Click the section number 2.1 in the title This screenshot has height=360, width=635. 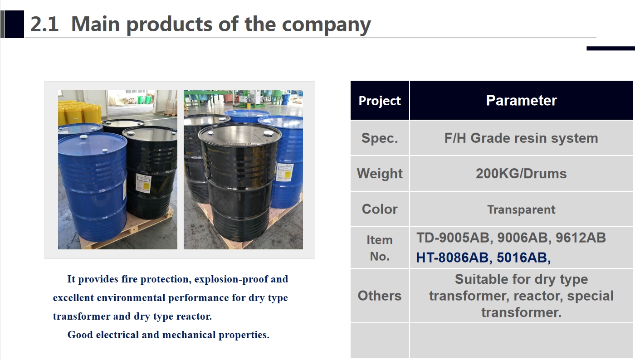click(44, 24)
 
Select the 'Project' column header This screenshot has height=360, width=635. click(380, 101)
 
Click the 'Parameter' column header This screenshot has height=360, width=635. click(521, 100)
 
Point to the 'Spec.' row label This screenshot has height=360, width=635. click(380, 138)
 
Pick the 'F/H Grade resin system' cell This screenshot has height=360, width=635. click(521, 138)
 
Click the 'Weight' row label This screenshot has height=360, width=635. click(380, 174)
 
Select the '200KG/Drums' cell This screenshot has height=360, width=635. click(521, 174)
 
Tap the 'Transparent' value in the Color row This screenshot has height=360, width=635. click(521, 209)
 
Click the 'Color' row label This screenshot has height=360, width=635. click(380, 209)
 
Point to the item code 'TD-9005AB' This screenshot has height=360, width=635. click(453, 238)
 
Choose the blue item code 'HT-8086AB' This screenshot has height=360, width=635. click(452, 258)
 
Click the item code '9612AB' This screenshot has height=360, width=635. click(581, 238)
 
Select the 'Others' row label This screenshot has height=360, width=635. click(380, 296)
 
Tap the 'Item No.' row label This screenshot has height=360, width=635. click(380, 248)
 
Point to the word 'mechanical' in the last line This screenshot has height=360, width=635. click(189, 335)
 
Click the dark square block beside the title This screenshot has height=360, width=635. click(15, 24)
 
